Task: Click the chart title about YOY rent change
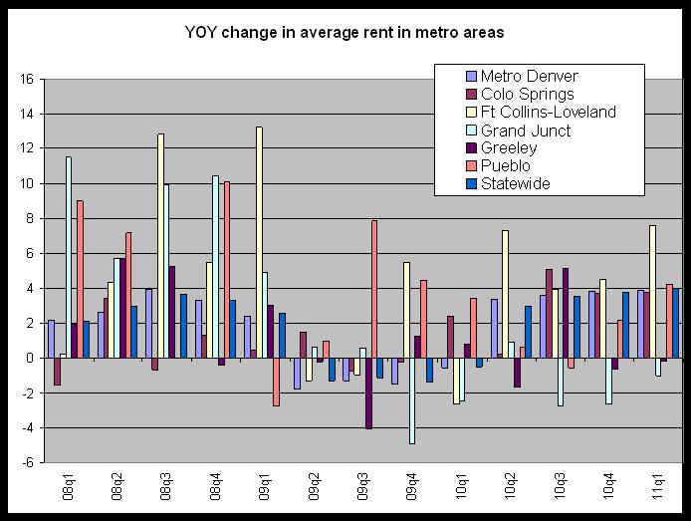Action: pos(345,33)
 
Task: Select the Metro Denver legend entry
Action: pos(528,76)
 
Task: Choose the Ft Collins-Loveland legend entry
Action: pos(547,112)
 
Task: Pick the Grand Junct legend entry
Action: pos(526,130)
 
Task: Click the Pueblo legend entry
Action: pos(505,165)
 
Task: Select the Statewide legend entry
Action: pos(515,183)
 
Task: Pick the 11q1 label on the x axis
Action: pos(657,490)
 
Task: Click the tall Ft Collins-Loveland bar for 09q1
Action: pos(259,239)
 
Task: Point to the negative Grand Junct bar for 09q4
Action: pos(411,400)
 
